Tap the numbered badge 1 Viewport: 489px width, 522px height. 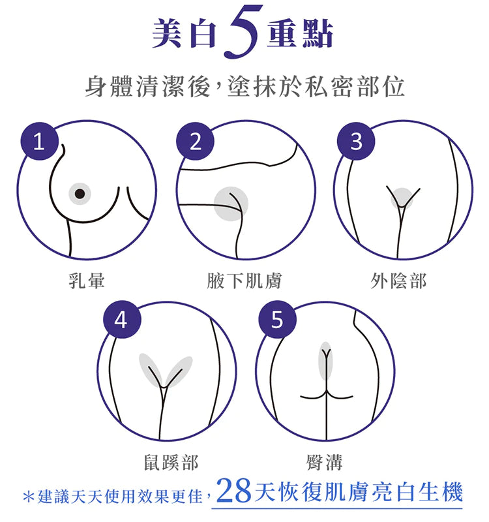tap(40, 141)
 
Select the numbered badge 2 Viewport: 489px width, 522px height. tap(195, 141)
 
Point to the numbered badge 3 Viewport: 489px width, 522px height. tap(356, 141)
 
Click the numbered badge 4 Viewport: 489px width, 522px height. tap(122, 320)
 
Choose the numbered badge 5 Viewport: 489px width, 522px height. tap(278, 320)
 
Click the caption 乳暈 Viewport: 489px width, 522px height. tap(87, 281)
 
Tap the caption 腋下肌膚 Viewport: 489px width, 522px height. tap(244, 281)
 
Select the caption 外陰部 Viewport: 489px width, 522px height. tap(398, 281)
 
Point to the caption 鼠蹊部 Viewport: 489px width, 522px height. tap(171, 463)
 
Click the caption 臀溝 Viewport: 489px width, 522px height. tap(325, 463)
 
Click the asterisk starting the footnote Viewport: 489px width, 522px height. tap(29, 497)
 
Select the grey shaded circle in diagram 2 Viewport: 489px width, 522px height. tap(231, 204)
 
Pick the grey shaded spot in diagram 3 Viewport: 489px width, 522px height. tap(402, 198)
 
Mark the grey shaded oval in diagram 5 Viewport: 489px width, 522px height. tap(325, 361)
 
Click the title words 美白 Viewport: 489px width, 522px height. tap(185, 33)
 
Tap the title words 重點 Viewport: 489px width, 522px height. tap(300, 33)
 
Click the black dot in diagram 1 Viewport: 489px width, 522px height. tap(80, 193)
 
